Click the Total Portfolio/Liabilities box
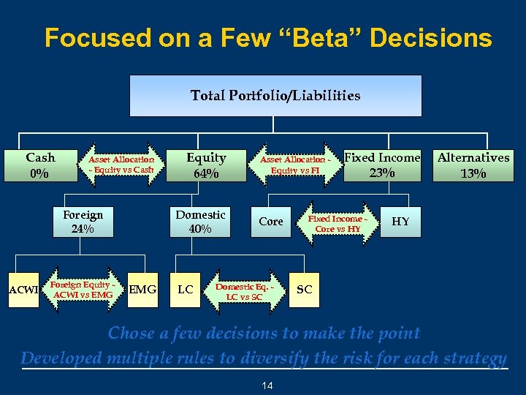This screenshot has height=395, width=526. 275,96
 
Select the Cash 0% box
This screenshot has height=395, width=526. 39,165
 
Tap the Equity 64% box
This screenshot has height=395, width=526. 206,165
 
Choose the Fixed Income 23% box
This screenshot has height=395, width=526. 382,165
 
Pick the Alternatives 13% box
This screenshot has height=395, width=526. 473,165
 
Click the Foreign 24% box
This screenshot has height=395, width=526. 83,222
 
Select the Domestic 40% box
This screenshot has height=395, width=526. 200,222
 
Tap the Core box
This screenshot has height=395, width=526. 271,222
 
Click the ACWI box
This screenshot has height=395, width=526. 23,290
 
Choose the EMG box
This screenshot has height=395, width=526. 142,290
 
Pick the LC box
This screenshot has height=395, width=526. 186,290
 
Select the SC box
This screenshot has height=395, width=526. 305,290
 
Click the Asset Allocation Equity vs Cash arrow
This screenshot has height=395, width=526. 121,165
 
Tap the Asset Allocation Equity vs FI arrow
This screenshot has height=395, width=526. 295,165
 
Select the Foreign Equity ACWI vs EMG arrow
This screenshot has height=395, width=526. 81,290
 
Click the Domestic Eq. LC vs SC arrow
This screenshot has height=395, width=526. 245,291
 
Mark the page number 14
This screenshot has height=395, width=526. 267,385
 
